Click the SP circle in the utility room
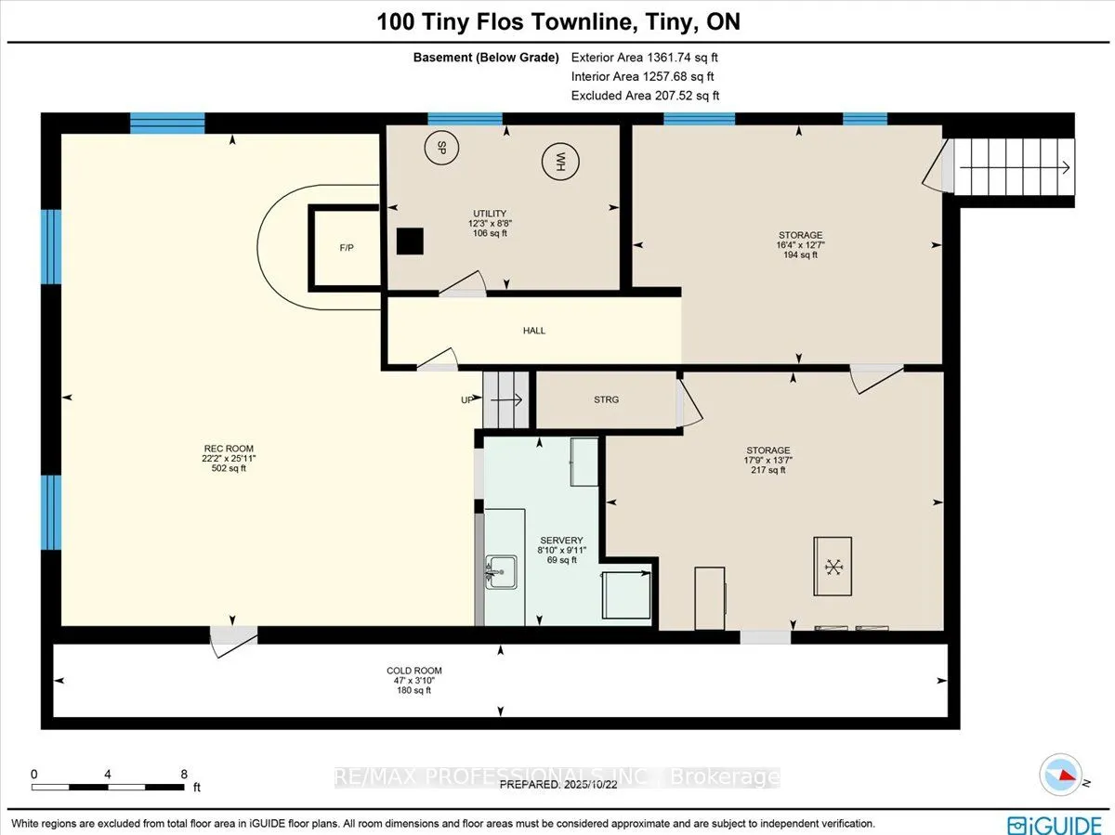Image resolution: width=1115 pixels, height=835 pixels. (x=441, y=148)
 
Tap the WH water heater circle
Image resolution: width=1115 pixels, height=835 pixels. (x=560, y=162)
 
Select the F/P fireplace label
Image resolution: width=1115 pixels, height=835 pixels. (x=347, y=248)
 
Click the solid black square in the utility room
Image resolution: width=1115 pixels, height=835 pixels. (x=410, y=241)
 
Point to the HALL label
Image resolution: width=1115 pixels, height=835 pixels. (x=534, y=331)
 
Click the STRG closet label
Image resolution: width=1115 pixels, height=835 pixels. (x=606, y=400)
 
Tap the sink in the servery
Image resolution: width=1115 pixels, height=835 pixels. (x=501, y=572)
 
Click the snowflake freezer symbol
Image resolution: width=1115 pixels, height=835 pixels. (x=833, y=567)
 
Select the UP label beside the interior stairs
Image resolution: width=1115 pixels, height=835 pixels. (x=466, y=400)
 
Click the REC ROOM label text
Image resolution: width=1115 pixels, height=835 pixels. (x=229, y=449)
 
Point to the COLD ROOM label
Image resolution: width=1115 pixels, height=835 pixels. (x=414, y=671)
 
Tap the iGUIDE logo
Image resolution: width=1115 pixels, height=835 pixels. (x=1055, y=824)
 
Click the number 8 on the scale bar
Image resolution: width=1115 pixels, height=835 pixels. (x=184, y=774)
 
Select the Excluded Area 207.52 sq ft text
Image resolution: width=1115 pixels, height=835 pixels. (x=645, y=96)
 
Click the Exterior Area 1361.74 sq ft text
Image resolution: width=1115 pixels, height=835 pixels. (x=644, y=58)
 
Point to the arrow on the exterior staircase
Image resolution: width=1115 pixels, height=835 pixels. (x=1015, y=167)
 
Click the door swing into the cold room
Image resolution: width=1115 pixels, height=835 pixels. (x=234, y=643)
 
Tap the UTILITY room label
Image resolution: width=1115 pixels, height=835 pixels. (x=490, y=214)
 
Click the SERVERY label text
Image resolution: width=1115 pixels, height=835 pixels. (x=561, y=541)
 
